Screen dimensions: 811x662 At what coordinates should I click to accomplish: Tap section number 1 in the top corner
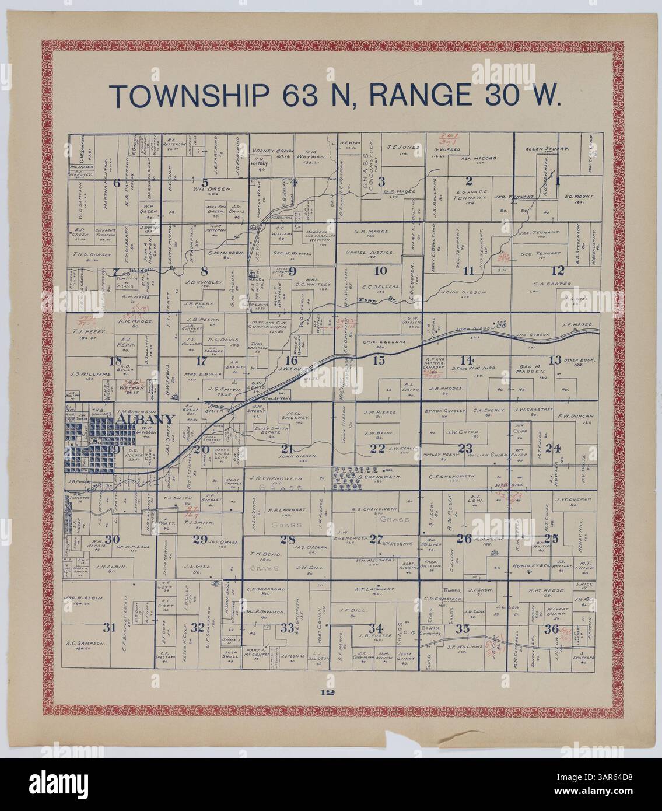(558, 180)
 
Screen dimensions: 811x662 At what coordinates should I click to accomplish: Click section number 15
(379, 360)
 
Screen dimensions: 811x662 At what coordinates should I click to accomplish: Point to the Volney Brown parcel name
(271, 153)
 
